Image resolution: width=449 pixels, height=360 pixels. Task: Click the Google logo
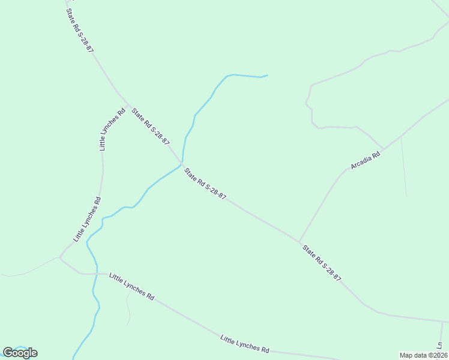[x=20, y=353]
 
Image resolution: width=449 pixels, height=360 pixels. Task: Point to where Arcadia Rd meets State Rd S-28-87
[x=300, y=242]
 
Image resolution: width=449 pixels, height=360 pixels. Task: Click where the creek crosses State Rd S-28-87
[x=182, y=164]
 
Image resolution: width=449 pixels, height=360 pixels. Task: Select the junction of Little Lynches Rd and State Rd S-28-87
[x=128, y=105]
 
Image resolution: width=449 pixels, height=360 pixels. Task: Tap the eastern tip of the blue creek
[x=267, y=76]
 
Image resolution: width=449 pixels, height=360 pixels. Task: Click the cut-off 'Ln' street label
[x=439, y=346]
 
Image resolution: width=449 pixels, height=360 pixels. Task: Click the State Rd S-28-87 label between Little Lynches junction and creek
[x=151, y=126]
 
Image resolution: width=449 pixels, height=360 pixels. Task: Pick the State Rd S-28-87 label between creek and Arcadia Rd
[x=205, y=184]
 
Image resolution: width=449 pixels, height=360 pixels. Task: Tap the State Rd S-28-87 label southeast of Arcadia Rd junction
[x=322, y=263]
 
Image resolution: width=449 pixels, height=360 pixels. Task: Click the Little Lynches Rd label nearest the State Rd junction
[x=112, y=128]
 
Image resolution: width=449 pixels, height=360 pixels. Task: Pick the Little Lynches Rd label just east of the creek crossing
[x=131, y=286]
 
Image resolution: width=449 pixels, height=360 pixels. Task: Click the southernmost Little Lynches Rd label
[x=244, y=344]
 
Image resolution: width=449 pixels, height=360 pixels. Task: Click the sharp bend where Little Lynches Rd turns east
[x=60, y=257]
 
